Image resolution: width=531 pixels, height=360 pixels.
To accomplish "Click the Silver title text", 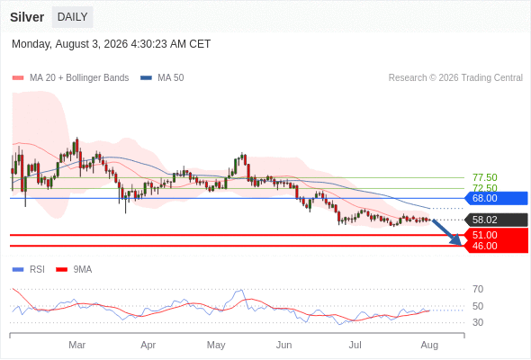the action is (x=27, y=17).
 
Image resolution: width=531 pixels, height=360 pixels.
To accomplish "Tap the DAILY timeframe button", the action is (x=73, y=17).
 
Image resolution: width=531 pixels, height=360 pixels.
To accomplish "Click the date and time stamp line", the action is (x=111, y=44).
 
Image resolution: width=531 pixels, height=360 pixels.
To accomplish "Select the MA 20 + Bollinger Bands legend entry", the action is (x=70, y=78).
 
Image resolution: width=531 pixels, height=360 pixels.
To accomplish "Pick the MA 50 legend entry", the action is (x=162, y=78).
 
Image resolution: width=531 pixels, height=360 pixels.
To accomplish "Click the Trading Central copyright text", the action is (x=455, y=78).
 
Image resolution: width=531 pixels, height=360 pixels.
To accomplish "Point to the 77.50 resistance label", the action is (x=484, y=177).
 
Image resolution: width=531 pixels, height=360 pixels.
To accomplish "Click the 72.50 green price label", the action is (x=484, y=188).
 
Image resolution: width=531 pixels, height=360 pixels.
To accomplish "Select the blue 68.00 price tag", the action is (x=496, y=198).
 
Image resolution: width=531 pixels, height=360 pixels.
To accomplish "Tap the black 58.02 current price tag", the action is (x=496, y=220).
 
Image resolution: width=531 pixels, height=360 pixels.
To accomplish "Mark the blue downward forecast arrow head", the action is (x=456, y=240).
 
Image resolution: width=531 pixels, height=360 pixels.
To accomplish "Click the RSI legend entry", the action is (x=29, y=270).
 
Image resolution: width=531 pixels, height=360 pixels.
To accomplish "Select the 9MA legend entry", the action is (x=74, y=270).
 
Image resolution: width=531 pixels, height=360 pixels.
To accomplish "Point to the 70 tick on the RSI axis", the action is (x=478, y=289).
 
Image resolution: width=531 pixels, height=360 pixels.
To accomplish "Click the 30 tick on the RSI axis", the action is (x=478, y=322).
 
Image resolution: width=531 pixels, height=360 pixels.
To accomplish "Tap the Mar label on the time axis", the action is (x=76, y=345).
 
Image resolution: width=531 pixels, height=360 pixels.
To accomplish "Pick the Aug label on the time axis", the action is (x=429, y=345).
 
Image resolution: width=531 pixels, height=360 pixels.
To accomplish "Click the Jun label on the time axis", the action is (x=283, y=345).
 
